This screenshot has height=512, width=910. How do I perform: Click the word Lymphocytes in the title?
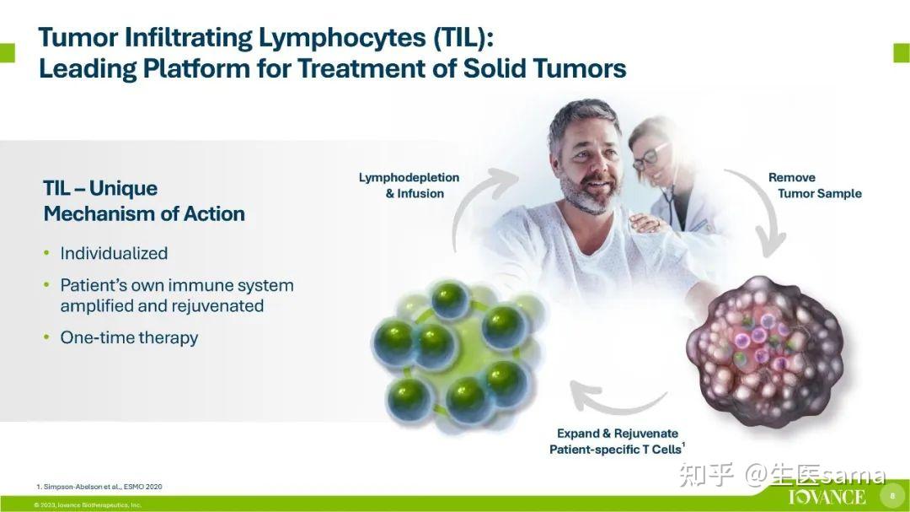[x=341, y=38]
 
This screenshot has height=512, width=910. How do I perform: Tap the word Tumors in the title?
[x=580, y=68]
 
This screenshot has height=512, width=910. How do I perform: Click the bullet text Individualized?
[x=114, y=253]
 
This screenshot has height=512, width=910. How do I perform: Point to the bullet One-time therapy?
[x=129, y=337]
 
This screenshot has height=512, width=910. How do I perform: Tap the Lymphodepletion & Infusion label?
[x=409, y=186]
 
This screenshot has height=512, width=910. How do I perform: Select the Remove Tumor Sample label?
[x=815, y=186]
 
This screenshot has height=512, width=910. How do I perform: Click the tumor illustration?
[x=765, y=350]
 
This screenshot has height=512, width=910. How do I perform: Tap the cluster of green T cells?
[x=457, y=356]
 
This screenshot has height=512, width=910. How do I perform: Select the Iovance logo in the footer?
[x=827, y=497]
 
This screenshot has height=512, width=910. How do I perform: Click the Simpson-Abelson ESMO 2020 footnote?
[x=99, y=487]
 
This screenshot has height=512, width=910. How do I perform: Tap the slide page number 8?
[x=892, y=496]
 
